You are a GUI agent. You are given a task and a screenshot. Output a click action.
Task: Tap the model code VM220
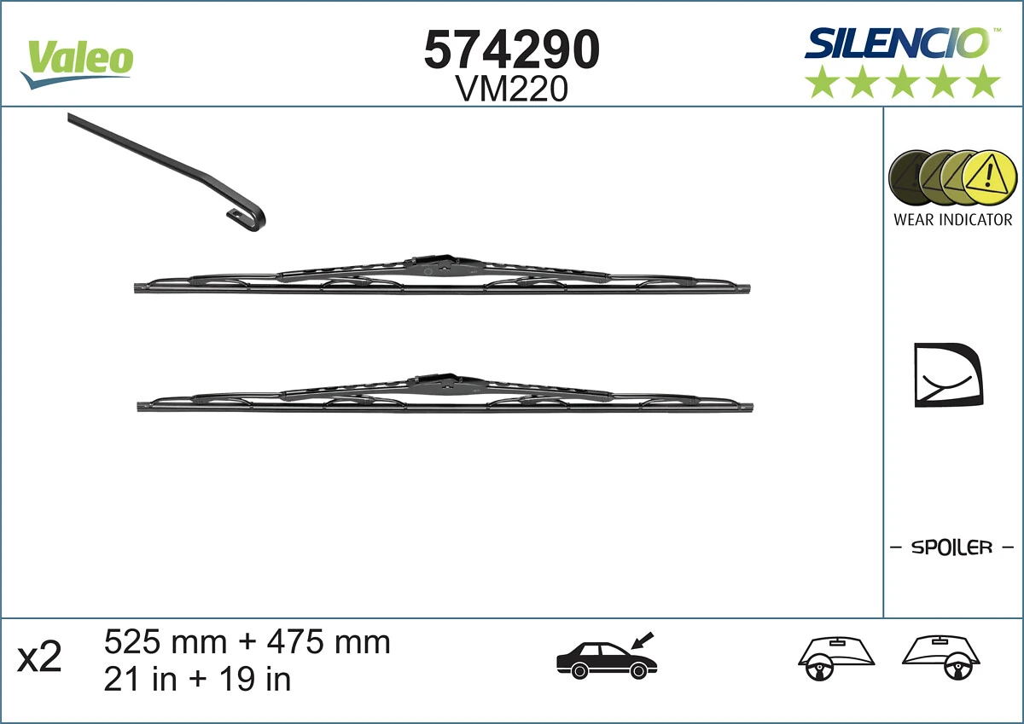(512, 90)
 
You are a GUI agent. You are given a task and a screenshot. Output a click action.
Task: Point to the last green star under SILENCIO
(984, 83)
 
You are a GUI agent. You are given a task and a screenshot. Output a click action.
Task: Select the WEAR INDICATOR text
(952, 220)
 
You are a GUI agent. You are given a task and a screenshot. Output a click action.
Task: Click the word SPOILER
(952, 547)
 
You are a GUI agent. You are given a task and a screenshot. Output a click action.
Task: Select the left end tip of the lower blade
(142, 407)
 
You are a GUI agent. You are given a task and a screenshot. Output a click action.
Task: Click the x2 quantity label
(40, 659)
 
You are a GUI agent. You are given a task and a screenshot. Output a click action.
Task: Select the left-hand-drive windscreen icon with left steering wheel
(836, 659)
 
